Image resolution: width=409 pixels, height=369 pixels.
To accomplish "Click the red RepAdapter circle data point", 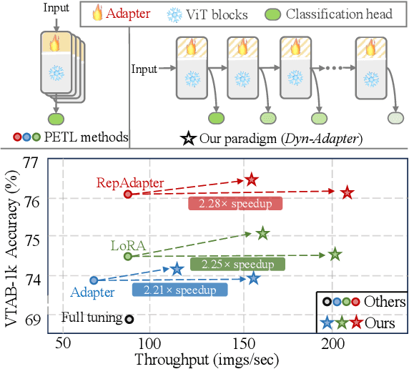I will (x=128, y=194).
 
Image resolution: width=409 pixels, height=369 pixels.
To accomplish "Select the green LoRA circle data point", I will (x=128, y=256).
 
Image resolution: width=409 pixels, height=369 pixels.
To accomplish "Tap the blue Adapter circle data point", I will (x=94, y=280).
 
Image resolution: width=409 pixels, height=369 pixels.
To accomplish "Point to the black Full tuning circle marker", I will (x=129, y=319).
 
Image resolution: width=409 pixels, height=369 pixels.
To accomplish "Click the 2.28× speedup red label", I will (x=235, y=203).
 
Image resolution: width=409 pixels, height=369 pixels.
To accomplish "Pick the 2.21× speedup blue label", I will (x=179, y=290).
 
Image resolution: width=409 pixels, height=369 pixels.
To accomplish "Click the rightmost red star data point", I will (x=348, y=192).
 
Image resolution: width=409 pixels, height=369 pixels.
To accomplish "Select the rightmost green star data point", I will (x=334, y=254).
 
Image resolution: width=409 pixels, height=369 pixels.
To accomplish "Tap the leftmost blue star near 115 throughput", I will (x=177, y=270).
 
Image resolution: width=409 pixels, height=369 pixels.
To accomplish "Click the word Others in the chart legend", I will (x=384, y=302).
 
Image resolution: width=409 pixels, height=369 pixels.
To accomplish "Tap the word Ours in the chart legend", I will (x=380, y=322).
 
